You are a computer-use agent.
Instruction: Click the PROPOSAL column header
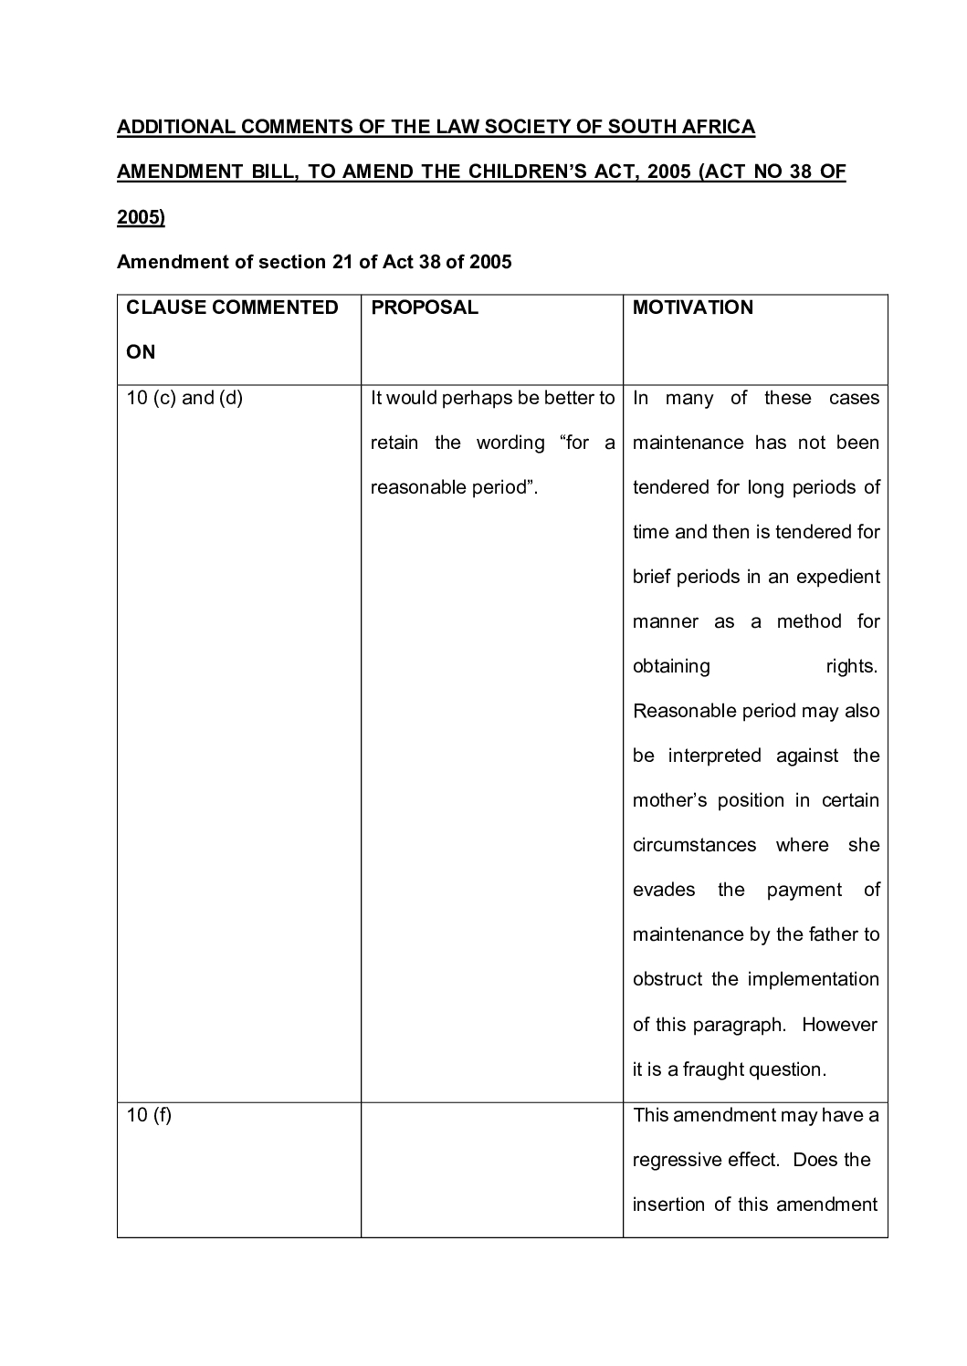click(x=425, y=308)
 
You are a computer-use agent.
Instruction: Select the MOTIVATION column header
click(x=692, y=308)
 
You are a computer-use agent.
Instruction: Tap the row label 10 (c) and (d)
click(x=184, y=398)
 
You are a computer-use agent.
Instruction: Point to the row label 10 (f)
click(x=149, y=1115)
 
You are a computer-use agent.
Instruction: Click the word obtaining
click(x=671, y=666)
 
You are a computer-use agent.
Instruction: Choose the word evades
click(x=664, y=890)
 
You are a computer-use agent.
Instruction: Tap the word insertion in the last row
click(x=669, y=1204)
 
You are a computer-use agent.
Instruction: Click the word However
click(x=839, y=1025)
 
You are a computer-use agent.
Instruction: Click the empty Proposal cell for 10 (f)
click(x=491, y=1169)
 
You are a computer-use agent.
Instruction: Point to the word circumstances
click(x=694, y=845)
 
